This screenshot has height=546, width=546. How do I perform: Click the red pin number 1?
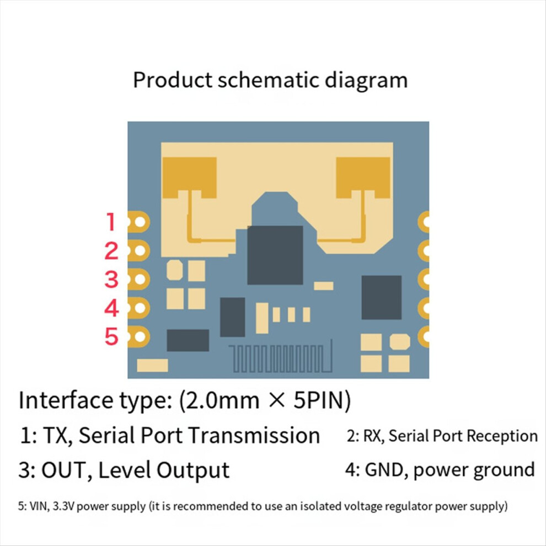point(111,222)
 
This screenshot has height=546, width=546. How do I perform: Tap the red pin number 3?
point(111,279)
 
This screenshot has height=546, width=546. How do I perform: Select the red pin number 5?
point(111,336)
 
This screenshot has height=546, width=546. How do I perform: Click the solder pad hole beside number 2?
point(140,250)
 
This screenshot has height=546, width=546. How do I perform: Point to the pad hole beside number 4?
point(140,308)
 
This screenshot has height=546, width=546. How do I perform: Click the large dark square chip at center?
point(275,255)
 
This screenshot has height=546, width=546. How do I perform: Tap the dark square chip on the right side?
point(381,297)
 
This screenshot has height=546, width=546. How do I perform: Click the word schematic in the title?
point(269,80)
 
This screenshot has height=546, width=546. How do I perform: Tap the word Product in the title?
point(173,80)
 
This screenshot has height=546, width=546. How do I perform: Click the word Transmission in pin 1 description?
point(255,435)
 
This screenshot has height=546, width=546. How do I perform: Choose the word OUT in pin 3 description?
point(63,470)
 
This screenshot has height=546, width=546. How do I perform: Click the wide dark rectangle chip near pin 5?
point(188,340)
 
